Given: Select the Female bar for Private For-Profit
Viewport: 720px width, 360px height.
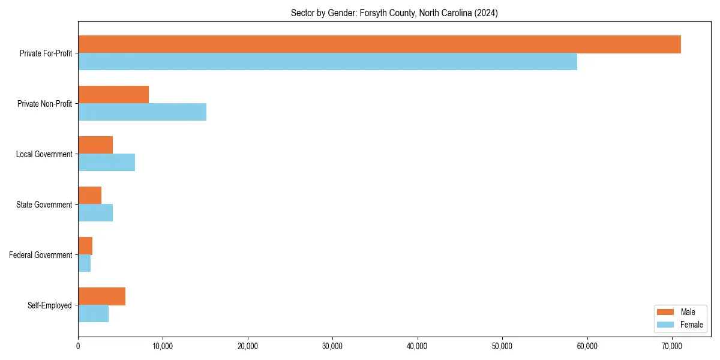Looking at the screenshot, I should [x=328, y=61].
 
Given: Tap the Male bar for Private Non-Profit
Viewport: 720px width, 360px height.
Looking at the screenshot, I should [x=113, y=95].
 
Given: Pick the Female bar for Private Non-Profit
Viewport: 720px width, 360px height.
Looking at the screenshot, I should [x=142, y=112].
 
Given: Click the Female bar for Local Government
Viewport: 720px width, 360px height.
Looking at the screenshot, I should [x=106, y=162].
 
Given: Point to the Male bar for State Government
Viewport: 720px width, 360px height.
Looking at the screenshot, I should [x=89, y=196].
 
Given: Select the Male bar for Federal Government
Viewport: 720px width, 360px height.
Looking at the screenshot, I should [x=85, y=246].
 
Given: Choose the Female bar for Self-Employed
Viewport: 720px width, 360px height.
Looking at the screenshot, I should [x=93, y=313].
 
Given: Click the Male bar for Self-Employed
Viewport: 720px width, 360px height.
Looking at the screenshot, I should [x=101, y=296].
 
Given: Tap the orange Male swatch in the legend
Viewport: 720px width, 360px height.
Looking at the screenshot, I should [x=665, y=312].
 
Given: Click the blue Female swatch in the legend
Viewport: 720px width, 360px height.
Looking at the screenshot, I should [x=665, y=325].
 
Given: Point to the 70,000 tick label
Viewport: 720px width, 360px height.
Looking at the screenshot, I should [x=672, y=346].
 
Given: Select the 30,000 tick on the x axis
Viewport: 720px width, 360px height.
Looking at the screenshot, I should [x=332, y=346].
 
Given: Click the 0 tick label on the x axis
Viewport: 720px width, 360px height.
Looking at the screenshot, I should [x=78, y=346].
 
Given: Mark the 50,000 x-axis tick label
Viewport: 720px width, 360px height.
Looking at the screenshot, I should [x=502, y=346].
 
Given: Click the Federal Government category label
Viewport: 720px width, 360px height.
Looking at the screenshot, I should [x=41, y=255].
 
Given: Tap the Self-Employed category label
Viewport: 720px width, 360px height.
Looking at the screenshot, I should [x=50, y=305].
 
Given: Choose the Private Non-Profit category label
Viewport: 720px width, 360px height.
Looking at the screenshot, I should [x=44, y=104].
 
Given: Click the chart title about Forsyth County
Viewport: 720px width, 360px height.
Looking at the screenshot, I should [x=394, y=13].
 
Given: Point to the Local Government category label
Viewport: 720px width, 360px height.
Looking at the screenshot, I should [x=44, y=154].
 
